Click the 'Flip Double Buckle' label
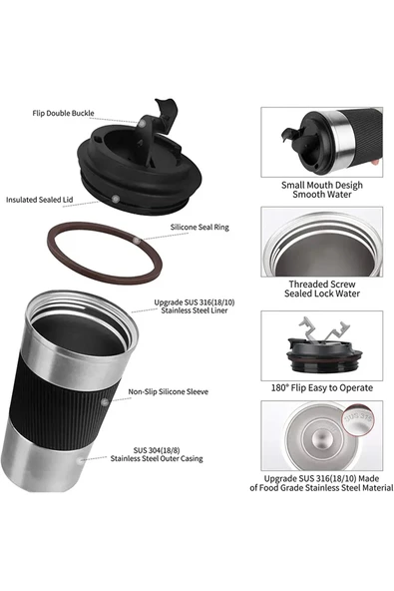63,113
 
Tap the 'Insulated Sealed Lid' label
39,200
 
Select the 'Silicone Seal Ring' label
199,227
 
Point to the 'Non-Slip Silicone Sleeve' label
168,391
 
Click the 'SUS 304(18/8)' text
157,450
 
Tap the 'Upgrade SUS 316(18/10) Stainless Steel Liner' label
195,306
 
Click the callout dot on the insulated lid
116,199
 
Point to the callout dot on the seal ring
137,240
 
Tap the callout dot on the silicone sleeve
105,402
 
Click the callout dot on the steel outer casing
80,460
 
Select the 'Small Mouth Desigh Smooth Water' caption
322,190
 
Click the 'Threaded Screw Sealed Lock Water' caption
322,289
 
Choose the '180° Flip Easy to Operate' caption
322,387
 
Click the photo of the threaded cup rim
322,242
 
